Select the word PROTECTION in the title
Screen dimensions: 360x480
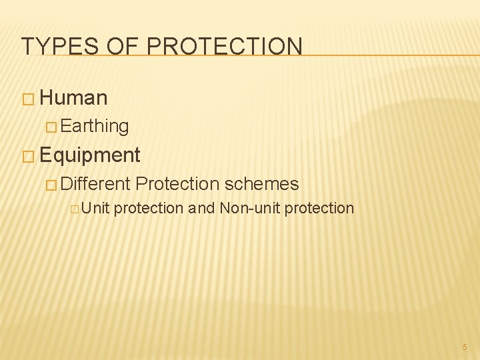tap(224, 46)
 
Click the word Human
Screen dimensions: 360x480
tap(73, 98)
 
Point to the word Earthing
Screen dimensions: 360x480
tap(95, 125)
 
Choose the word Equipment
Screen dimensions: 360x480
tap(90, 155)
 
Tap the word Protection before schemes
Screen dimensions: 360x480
tap(177, 183)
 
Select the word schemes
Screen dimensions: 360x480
tap(261, 183)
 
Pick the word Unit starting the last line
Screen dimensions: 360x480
tap(96, 208)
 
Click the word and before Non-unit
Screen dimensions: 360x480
tap(201, 208)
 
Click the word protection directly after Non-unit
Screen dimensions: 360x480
tap(319, 209)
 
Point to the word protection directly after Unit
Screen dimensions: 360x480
tap(148, 209)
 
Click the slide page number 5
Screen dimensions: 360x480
tap(465, 347)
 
